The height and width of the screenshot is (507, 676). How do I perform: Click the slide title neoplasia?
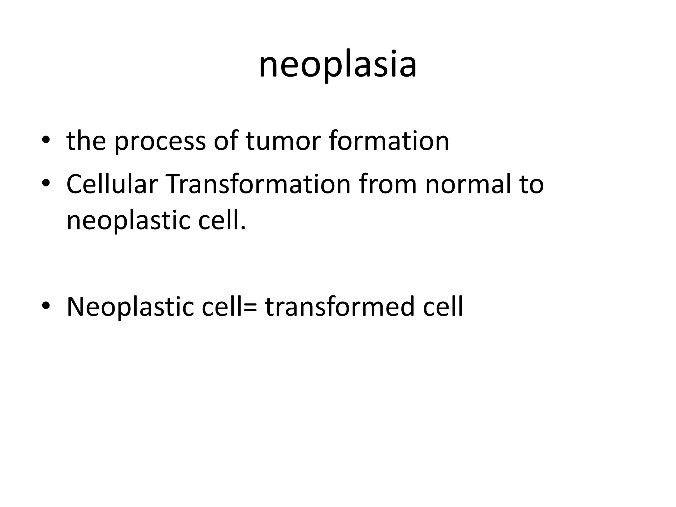tap(338, 64)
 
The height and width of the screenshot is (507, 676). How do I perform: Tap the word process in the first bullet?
tap(160, 141)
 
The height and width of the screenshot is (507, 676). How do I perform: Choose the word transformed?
tap(339, 307)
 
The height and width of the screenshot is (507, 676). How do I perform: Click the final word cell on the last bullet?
tap(443, 307)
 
